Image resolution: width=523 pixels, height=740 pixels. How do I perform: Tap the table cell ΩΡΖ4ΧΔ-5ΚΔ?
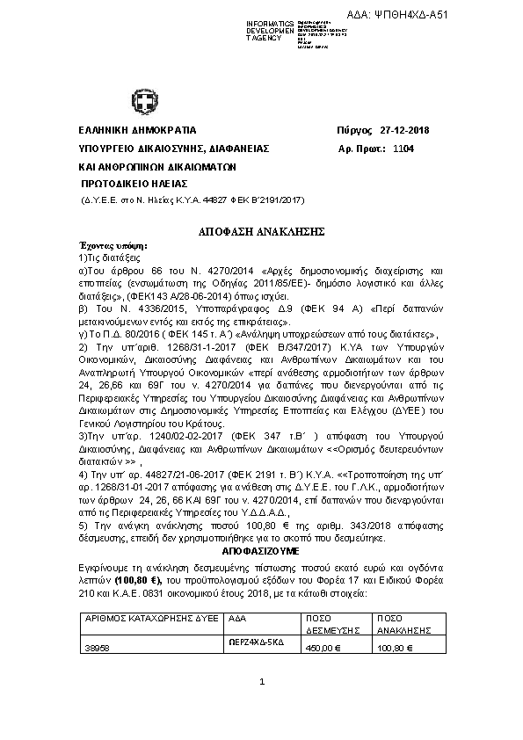(x=252, y=642)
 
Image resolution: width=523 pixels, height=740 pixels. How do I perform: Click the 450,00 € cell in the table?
(x=323, y=649)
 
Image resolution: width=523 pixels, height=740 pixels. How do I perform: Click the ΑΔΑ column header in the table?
(x=236, y=619)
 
